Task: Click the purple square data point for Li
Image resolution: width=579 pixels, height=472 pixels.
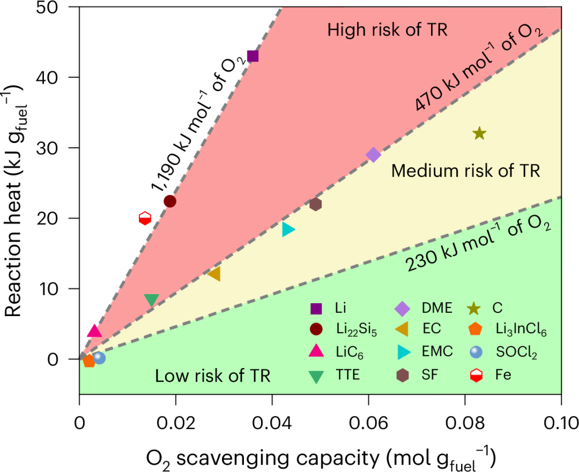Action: tap(253, 56)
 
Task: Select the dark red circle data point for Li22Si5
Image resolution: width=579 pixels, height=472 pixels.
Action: tap(170, 201)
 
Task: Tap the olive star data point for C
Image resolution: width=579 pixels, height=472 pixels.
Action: tap(479, 133)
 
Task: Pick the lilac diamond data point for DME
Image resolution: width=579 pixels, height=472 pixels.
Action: tap(373, 155)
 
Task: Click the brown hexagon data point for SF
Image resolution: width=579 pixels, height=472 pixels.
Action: tap(315, 204)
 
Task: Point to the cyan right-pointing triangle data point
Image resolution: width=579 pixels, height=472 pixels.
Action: tap(288, 229)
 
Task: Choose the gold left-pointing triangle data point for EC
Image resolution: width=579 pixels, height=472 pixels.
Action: tap(214, 274)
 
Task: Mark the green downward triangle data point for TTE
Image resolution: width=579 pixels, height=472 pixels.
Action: tap(151, 301)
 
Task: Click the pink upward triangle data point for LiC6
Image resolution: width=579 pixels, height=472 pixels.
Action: tap(94, 331)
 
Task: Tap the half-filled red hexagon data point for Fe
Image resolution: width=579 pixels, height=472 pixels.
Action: tap(145, 218)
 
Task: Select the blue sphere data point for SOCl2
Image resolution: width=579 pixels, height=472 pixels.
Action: tap(99, 357)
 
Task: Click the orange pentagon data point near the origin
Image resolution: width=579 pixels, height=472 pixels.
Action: tap(88, 361)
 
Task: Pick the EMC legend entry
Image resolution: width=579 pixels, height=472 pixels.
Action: tap(425, 351)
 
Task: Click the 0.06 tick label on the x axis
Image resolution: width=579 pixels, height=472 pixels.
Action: tap(368, 423)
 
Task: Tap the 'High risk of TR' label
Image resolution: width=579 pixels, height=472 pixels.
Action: tap(388, 29)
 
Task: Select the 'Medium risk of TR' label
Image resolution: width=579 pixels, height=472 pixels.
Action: tap(466, 171)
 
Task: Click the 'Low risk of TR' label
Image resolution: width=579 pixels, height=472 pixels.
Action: tap(213, 376)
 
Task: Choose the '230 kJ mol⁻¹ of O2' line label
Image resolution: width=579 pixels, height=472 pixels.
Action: tap(479, 242)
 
